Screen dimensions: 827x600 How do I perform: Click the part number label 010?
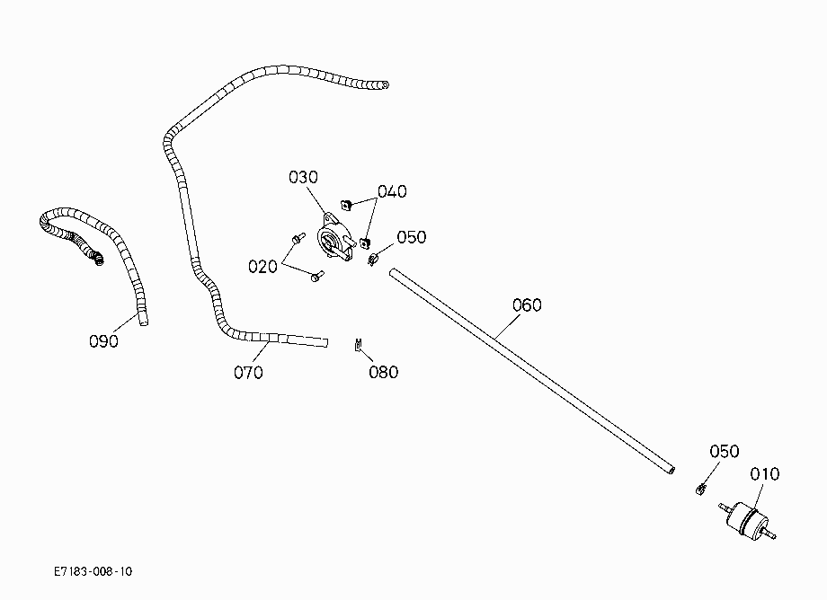click(764, 474)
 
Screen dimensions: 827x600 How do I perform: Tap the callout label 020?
click(262, 267)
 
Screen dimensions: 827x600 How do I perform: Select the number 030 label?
click(303, 177)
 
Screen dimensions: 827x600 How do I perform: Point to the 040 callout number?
click(392, 191)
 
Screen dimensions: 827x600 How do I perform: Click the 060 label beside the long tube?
click(527, 305)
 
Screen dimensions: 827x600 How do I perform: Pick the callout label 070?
click(248, 373)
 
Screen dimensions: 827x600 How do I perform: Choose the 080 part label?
click(384, 372)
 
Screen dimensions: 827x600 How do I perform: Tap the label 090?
click(103, 341)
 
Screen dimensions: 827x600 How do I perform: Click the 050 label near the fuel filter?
click(725, 452)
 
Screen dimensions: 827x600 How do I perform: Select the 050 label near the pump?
click(412, 237)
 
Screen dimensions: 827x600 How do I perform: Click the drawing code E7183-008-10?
click(93, 571)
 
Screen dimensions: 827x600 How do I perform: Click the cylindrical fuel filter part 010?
click(747, 520)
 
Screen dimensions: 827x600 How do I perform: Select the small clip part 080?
click(358, 345)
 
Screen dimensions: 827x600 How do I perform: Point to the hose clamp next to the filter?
click(701, 490)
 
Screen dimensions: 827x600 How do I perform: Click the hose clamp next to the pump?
click(373, 260)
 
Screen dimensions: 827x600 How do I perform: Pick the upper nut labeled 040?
click(346, 205)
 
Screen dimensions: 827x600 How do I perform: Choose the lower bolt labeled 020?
click(317, 276)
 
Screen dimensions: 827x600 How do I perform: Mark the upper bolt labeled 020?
click(298, 238)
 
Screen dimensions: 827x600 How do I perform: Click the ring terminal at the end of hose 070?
click(385, 84)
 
